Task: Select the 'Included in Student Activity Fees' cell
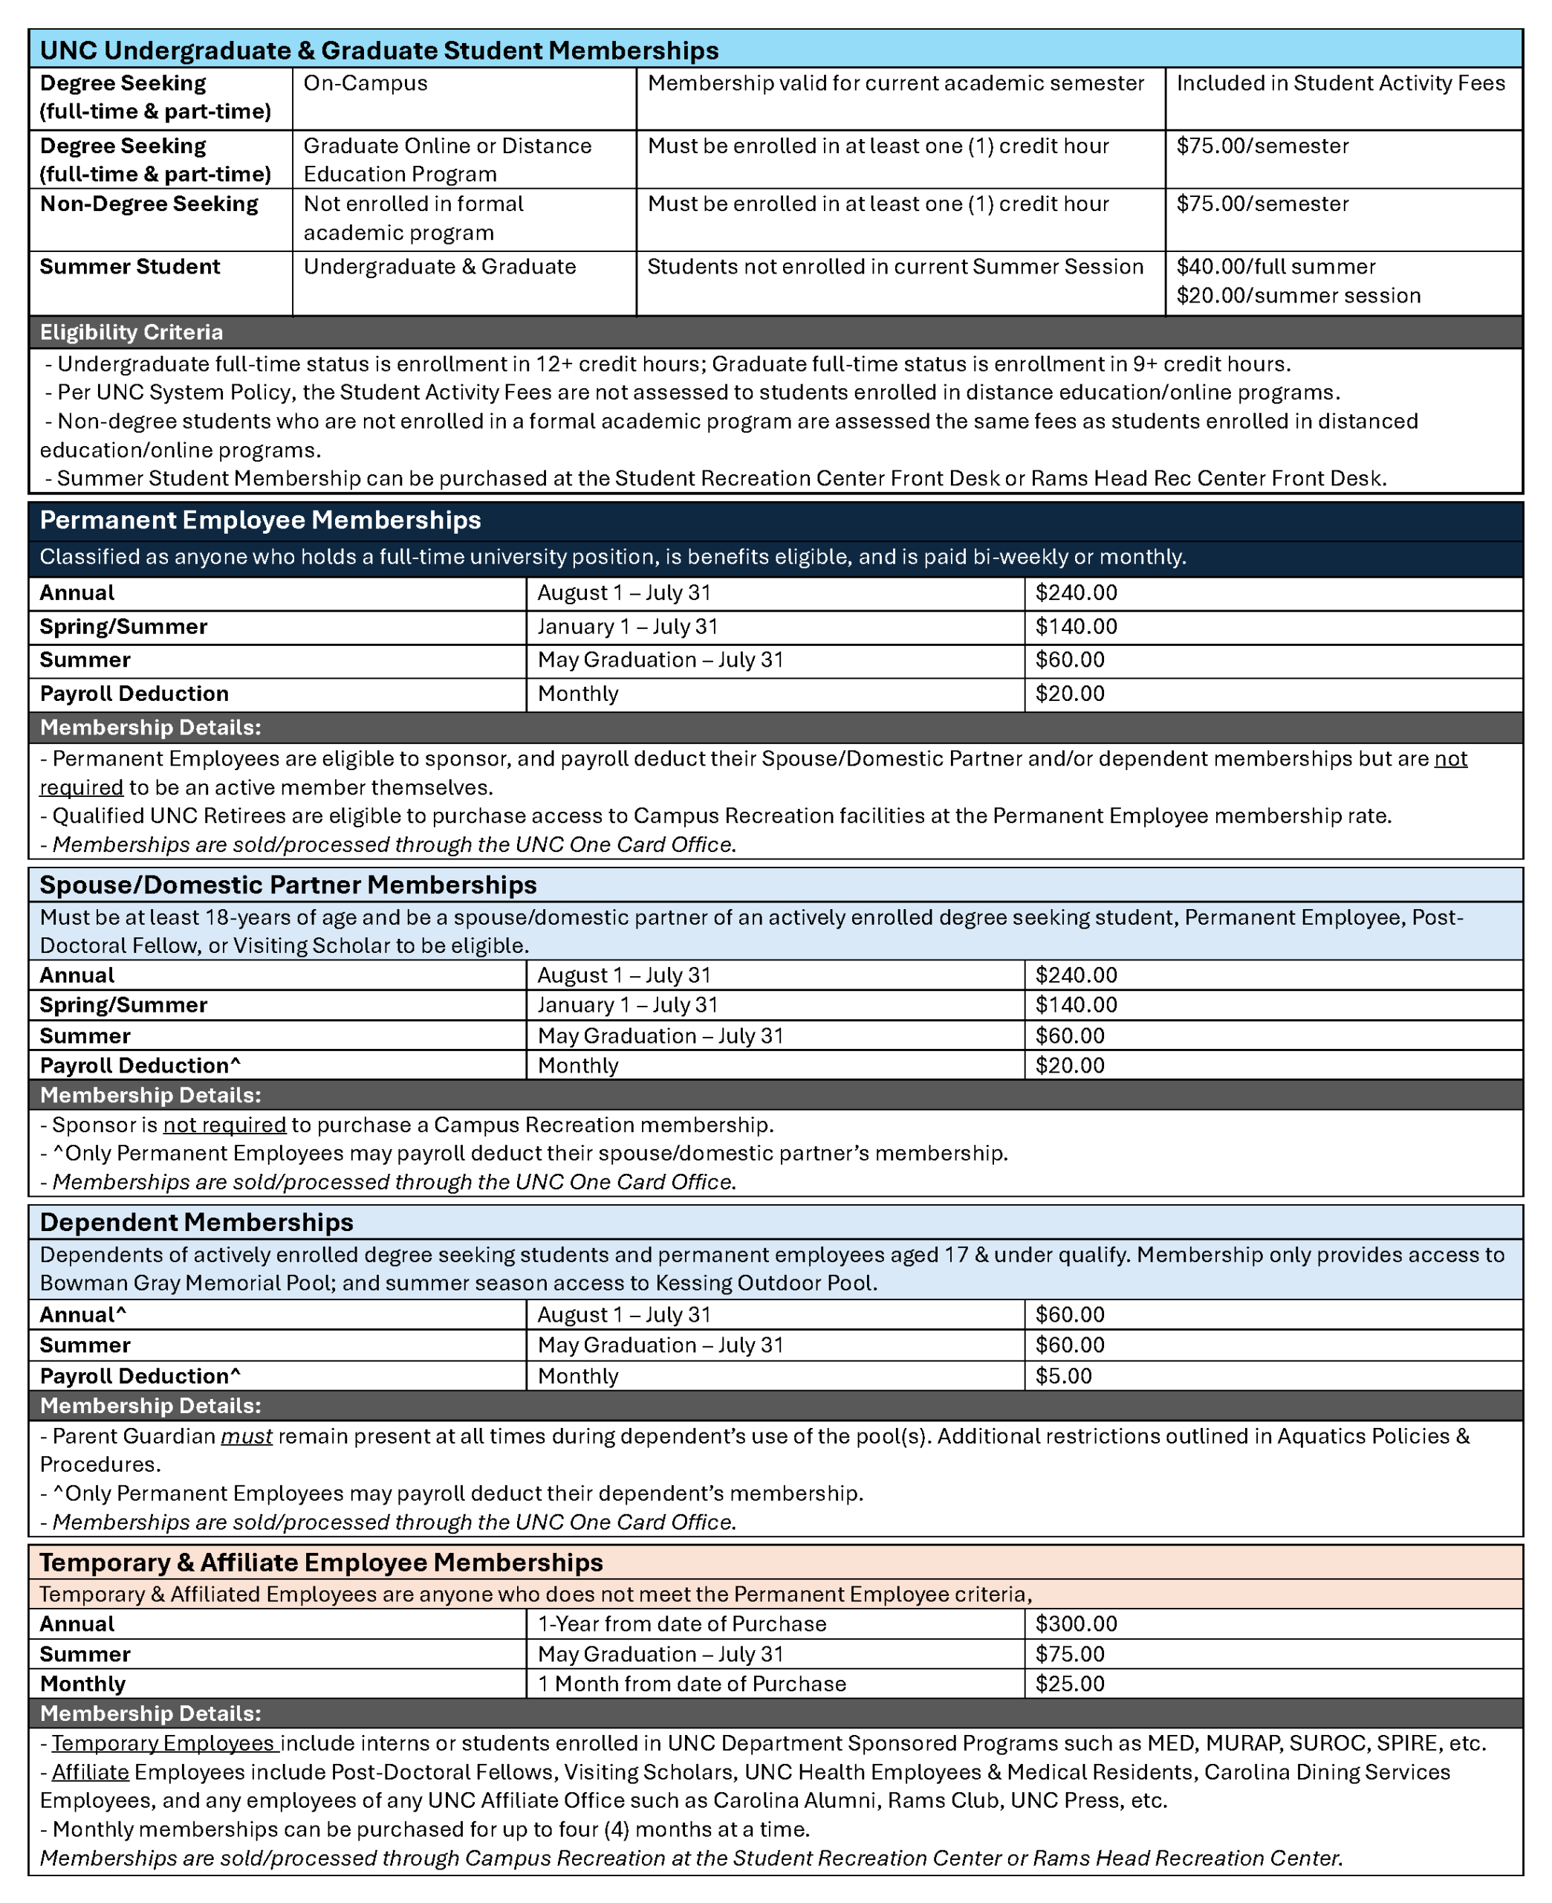pyautogui.click(x=1340, y=83)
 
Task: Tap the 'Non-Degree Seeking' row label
pyautogui.click(x=149, y=204)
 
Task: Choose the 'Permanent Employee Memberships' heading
pyautogui.click(x=260, y=520)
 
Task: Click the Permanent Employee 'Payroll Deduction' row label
pyautogui.click(x=134, y=694)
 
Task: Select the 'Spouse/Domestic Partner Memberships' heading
pyautogui.click(x=288, y=885)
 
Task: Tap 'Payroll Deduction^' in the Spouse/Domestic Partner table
pyautogui.click(x=140, y=1065)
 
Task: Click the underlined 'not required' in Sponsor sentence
pyautogui.click(x=224, y=1124)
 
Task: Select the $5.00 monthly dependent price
pyautogui.click(x=1064, y=1375)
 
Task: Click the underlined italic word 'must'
pyautogui.click(x=246, y=1436)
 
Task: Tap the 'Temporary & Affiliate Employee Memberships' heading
pyautogui.click(x=321, y=1563)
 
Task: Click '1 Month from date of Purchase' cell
pyautogui.click(x=691, y=1684)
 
